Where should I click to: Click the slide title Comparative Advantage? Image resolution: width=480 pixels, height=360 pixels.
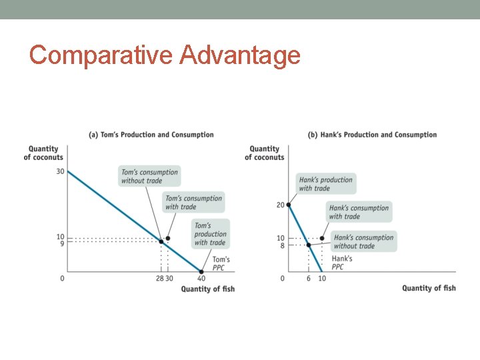(165, 55)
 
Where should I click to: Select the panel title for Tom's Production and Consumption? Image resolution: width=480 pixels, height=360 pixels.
(151, 135)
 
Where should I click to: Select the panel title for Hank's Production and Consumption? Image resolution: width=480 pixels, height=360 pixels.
(372, 135)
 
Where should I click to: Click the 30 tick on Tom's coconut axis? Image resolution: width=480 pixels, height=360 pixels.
(60, 171)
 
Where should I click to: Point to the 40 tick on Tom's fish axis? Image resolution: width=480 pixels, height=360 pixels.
(201, 278)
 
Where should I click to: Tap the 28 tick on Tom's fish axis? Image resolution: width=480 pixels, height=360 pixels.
(159, 278)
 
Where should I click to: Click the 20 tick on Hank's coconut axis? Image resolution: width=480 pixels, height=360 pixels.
(281, 205)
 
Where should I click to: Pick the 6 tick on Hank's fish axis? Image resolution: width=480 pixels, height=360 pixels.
(308, 278)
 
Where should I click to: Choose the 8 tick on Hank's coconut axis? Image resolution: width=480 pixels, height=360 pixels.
(281, 246)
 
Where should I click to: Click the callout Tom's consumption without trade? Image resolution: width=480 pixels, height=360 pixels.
(149, 176)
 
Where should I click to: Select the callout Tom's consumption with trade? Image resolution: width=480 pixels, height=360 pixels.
(193, 202)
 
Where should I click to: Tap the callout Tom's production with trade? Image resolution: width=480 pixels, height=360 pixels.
(211, 234)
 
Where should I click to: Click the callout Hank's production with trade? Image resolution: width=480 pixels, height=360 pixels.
(326, 183)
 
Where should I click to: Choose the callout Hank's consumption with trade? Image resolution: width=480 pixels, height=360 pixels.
(359, 212)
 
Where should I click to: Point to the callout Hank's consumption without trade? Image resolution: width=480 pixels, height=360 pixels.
(363, 241)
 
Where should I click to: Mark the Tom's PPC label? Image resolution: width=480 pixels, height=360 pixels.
(221, 263)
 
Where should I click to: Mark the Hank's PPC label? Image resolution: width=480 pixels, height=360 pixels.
(341, 263)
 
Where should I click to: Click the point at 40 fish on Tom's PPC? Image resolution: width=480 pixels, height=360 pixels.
(201, 271)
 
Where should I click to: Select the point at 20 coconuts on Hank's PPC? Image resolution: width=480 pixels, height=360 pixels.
(288, 205)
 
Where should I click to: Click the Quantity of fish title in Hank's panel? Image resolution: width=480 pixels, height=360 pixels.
(429, 288)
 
